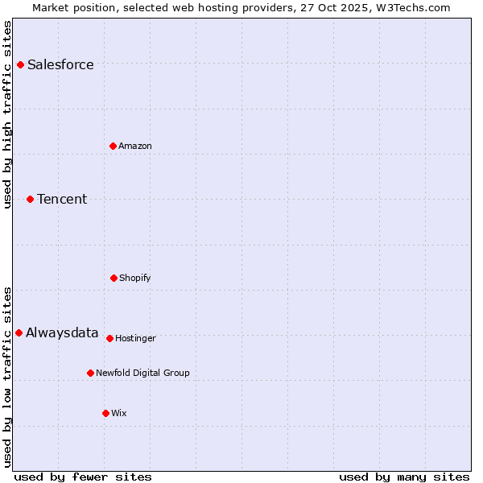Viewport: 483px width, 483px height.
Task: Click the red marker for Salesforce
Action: pos(20,64)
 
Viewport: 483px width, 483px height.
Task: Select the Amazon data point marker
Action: pos(113,146)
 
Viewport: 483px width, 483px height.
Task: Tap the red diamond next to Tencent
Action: pos(30,199)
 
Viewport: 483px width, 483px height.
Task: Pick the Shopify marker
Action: pos(114,278)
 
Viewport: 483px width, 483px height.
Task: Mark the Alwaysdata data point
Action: pos(19,332)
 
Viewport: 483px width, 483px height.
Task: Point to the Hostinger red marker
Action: pos(109,338)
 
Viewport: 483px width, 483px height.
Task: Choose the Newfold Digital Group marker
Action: pos(90,373)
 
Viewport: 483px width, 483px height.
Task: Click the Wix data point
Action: pos(105,413)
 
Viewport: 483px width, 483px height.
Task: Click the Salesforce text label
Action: pos(60,65)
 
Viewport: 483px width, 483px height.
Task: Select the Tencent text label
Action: pos(62,200)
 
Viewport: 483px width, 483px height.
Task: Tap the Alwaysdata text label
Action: pos(62,333)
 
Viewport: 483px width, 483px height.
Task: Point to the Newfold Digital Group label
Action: pos(142,373)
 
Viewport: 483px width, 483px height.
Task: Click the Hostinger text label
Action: pos(135,338)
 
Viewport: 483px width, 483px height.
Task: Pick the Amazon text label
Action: pos(135,146)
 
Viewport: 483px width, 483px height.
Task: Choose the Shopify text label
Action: pos(135,278)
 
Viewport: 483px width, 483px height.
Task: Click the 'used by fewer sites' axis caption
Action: pos(83,477)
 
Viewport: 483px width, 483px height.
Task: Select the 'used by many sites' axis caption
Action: pos(404,477)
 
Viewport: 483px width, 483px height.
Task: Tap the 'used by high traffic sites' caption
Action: pos(8,114)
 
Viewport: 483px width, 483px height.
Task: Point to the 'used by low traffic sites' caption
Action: pos(8,377)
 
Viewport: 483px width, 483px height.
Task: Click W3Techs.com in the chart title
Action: pos(411,7)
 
